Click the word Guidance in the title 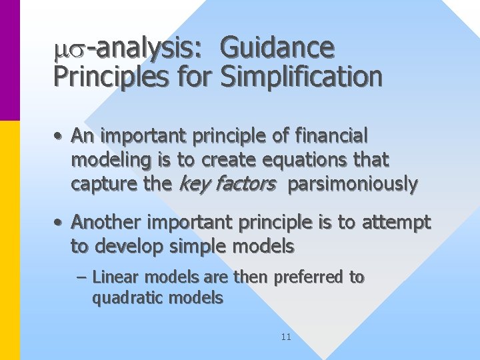[277, 48]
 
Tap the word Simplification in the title [301, 77]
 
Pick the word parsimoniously [352, 185]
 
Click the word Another [102, 222]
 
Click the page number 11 [286, 337]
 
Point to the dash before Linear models [82, 277]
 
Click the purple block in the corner [10, 60]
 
